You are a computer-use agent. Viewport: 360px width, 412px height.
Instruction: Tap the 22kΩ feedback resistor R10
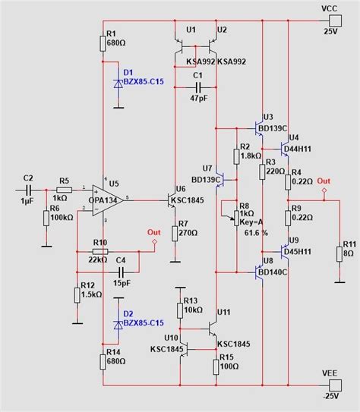pyautogui.click(x=99, y=251)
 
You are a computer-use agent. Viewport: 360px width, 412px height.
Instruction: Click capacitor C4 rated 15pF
pyautogui.click(x=120, y=270)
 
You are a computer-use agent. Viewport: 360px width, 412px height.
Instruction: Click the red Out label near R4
pyautogui.click(x=324, y=181)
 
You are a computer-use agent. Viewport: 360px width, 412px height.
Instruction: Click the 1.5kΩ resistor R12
pyautogui.click(x=77, y=294)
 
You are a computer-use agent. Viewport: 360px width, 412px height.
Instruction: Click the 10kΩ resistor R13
pyautogui.click(x=180, y=307)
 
